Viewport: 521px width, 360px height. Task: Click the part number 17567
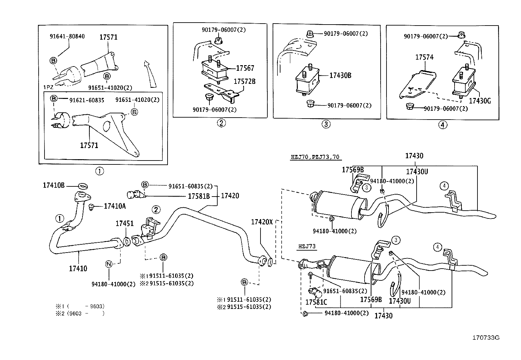pyautogui.click(x=245, y=68)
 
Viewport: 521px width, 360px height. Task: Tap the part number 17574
pyautogui.click(x=424, y=57)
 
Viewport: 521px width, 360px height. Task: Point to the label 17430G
pyautogui.click(x=480, y=101)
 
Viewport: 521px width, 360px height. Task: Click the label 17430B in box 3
pyautogui.click(x=340, y=75)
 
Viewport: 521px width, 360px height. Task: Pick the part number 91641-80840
pyautogui.click(x=67, y=36)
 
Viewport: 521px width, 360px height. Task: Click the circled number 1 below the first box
pyautogui.click(x=99, y=171)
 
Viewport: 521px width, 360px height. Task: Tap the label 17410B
pyautogui.click(x=54, y=185)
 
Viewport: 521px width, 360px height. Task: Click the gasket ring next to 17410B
pyautogui.click(x=83, y=186)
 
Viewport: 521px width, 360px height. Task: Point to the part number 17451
pyautogui.click(x=124, y=223)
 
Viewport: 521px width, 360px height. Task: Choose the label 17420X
pyautogui.click(x=262, y=222)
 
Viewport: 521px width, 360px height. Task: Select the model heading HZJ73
pyautogui.click(x=307, y=246)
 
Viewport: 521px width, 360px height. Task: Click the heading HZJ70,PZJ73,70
pyautogui.click(x=315, y=157)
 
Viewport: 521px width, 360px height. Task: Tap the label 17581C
pyautogui.click(x=316, y=302)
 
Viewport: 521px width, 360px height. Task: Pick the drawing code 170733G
pyautogui.click(x=486, y=338)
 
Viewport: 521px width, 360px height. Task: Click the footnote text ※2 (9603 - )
pyautogui.click(x=80, y=313)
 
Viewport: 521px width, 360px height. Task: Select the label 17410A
pyautogui.click(x=115, y=206)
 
